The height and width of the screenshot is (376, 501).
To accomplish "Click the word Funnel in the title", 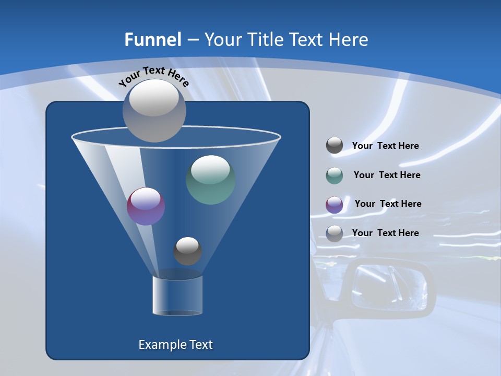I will point(152,40).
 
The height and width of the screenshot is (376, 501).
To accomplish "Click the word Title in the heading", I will point(264,40).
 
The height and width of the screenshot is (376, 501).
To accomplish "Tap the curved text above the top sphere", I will point(153,76).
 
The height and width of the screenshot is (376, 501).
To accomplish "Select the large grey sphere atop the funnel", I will point(154,110).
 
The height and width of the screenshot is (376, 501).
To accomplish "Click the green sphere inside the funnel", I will point(210,180).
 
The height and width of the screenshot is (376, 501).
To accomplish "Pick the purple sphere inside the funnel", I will point(146,206).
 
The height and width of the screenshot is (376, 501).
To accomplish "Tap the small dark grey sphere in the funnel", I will point(187,251).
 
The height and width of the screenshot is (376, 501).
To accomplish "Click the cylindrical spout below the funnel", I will point(177,296).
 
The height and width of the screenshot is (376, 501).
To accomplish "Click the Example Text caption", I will point(175,345).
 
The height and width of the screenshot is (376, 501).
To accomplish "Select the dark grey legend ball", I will point(335,146).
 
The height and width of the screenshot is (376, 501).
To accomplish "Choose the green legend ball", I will point(335,175).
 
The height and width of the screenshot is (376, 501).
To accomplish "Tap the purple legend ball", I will point(335,205).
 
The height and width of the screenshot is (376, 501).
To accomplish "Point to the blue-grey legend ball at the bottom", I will point(335,233).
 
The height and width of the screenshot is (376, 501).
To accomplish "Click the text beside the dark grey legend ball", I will point(385,146).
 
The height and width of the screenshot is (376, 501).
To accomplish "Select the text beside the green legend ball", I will point(387,175).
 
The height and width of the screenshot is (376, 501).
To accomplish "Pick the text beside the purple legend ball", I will point(388,204).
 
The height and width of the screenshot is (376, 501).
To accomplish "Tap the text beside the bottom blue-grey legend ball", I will point(385,233).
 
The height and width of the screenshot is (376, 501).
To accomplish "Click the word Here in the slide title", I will point(349,40).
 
